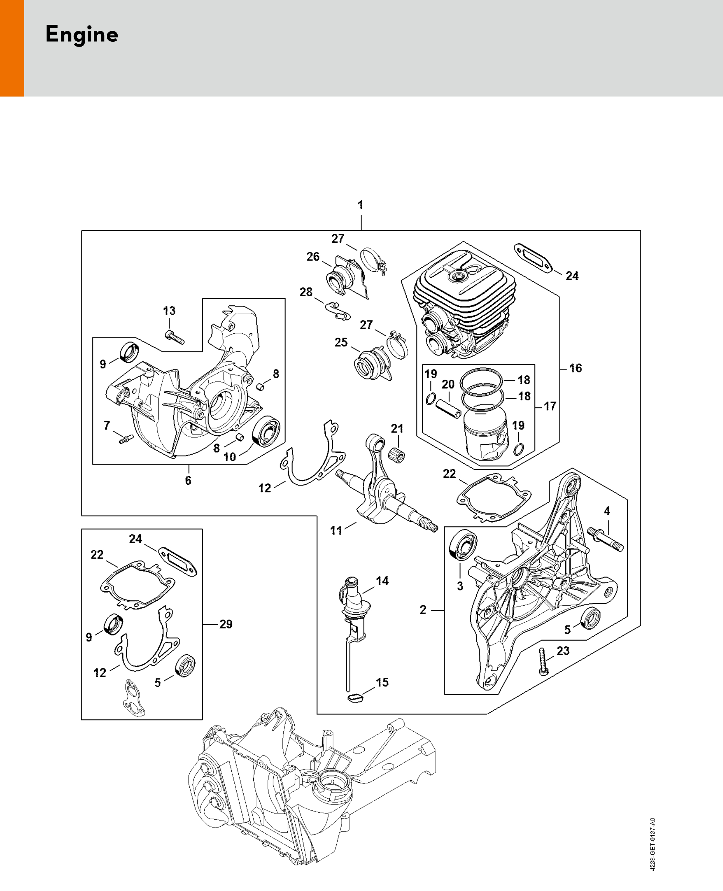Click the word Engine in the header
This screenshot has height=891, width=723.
coord(82,35)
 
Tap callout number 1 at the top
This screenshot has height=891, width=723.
coord(361,205)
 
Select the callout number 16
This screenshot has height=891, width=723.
coord(575,368)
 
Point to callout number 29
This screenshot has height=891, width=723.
coord(226,624)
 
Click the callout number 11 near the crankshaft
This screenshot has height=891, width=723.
coord(336,531)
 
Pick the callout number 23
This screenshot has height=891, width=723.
coord(563,651)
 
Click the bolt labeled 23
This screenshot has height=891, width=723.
coord(543,662)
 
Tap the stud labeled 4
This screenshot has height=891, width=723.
coord(605,539)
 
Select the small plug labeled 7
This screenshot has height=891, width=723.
coord(125,439)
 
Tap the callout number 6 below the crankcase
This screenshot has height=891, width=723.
coord(188,481)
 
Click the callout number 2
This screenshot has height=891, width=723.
coord(423,610)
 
